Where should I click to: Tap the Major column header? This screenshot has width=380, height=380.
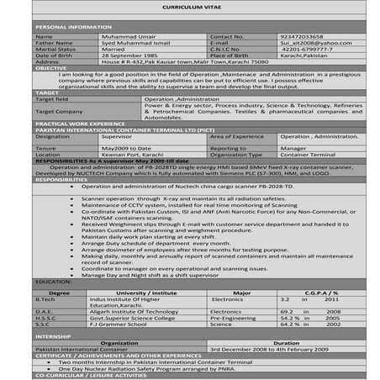coord(241,293)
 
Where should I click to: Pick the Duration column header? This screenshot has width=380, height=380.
coord(286,343)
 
